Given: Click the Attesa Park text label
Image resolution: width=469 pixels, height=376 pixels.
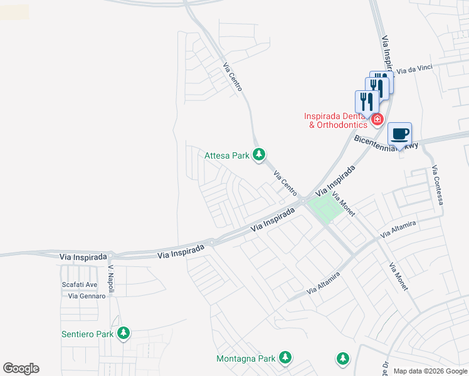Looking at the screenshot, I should pyautogui.click(x=227, y=155).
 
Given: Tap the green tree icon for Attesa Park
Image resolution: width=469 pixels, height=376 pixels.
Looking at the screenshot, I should pyautogui.click(x=258, y=154).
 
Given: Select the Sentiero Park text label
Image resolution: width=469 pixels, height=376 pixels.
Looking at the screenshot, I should pyautogui.click(x=87, y=334).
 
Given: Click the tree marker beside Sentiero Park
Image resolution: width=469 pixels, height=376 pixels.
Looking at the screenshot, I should pyautogui.click(x=124, y=333).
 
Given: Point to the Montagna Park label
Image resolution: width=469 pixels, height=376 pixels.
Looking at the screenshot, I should pyautogui.click(x=246, y=358).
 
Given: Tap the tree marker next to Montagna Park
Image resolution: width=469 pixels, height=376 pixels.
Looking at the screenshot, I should pyautogui.click(x=285, y=358).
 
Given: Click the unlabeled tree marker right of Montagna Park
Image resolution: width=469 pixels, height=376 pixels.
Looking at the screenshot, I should pyautogui.click(x=342, y=358).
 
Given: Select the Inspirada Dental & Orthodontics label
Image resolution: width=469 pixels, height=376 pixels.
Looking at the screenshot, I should pyautogui.click(x=334, y=120).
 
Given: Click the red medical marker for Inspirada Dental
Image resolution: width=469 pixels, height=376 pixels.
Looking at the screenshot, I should pyautogui.click(x=377, y=119).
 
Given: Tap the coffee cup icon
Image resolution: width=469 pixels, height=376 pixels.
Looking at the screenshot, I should pyautogui.click(x=399, y=134).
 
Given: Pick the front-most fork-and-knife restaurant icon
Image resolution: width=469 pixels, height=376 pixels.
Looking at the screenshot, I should pyautogui.click(x=367, y=102).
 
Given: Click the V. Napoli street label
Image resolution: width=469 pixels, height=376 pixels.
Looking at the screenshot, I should pyautogui.click(x=111, y=275).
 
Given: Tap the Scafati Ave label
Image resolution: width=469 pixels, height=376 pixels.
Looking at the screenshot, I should pyautogui.click(x=80, y=285).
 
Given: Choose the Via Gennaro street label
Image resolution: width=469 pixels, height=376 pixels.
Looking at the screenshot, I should pyautogui.click(x=87, y=296).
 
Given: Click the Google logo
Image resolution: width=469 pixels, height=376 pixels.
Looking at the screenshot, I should pyautogui.click(x=21, y=368).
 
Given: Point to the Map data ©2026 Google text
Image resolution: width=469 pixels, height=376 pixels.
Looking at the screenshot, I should pyautogui.click(x=431, y=371).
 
